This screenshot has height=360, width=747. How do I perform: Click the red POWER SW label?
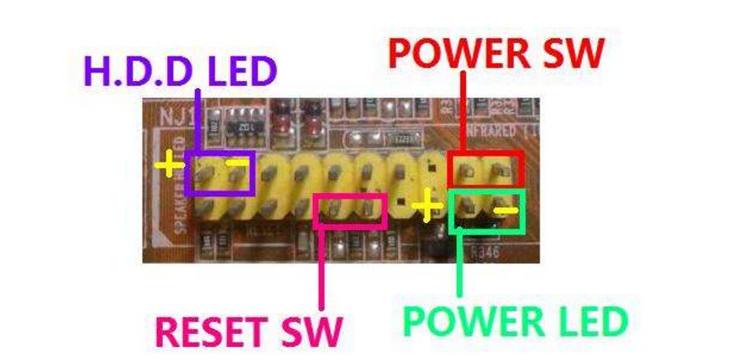496,53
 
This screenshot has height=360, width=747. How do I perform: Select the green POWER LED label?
515,322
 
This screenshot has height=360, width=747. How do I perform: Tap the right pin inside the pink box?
369,209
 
